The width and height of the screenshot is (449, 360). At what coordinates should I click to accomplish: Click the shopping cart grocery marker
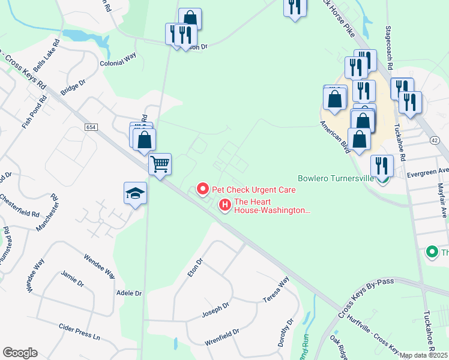(x=160, y=164)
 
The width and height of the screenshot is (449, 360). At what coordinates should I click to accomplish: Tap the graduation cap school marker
(x=136, y=193)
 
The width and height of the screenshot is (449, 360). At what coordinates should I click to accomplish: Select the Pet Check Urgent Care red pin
(x=203, y=190)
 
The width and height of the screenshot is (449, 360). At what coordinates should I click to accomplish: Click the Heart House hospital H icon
(x=225, y=205)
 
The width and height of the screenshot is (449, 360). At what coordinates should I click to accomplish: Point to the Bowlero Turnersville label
(x=336, y=178)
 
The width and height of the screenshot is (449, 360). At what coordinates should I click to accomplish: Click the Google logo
(x=20, y=353)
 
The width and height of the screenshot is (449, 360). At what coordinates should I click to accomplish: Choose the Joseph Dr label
(x=216, y=307)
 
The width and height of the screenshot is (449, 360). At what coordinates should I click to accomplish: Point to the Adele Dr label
(x=130, y=293)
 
